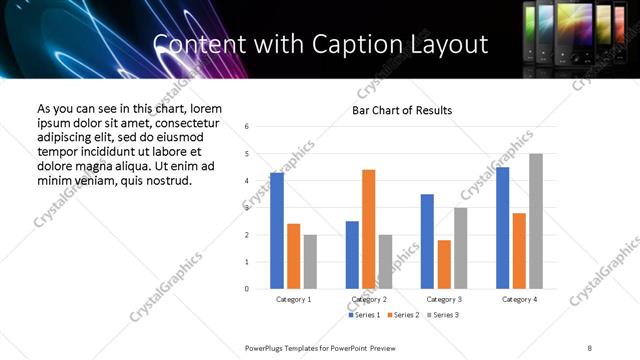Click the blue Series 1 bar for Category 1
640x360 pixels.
pyautogui.click(x=277, y=231)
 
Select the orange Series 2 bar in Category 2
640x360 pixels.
pyautogui.click(x=368, y=229)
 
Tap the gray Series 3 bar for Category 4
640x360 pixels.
pyautogui.click(x=536, y=221)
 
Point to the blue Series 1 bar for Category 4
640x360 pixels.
pyautogui.click(x=502, y=228)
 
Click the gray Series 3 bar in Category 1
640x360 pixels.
pyautogui.click(x=310, y=262)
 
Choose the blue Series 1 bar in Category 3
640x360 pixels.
pyautogui.click(x=427, y=241)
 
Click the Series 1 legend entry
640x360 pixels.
pyautogui.click(x=365, y=315)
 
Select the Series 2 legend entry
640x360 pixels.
pyautogui.click(x=402, y=315)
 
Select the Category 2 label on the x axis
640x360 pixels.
pyautogui.click(x=369, y=299)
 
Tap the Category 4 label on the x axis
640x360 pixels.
pyautogui.click(x=519, y=299)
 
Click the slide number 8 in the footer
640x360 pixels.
pyautogui.click(x=590, y=346)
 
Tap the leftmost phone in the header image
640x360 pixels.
pyautogui.click(x=532, y=30)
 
